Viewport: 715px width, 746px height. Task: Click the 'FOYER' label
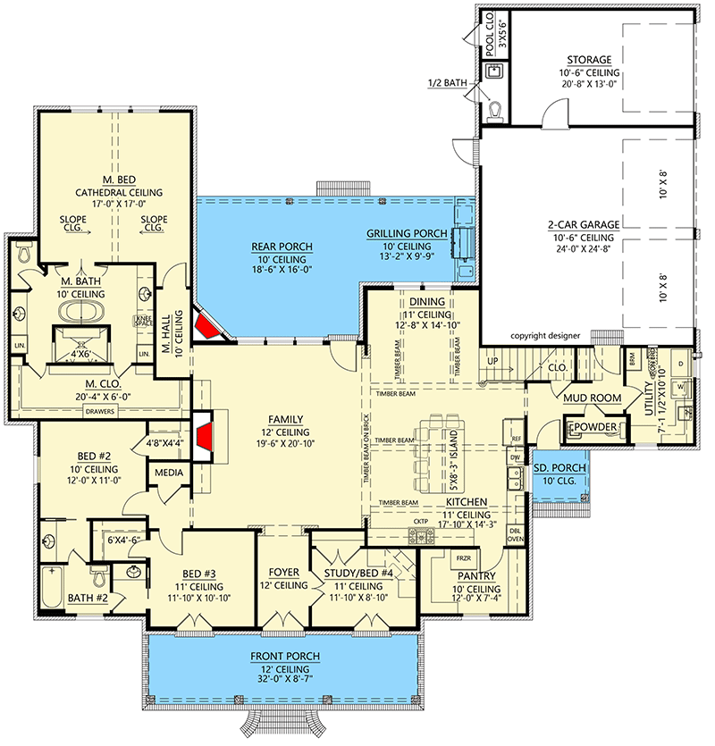[x=282, y=573]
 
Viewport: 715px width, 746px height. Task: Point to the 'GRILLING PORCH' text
[x=407, y=234]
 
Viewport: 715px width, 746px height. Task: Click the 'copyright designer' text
[x=546, y=336]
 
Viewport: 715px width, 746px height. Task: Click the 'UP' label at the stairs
[x=491, y=360]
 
